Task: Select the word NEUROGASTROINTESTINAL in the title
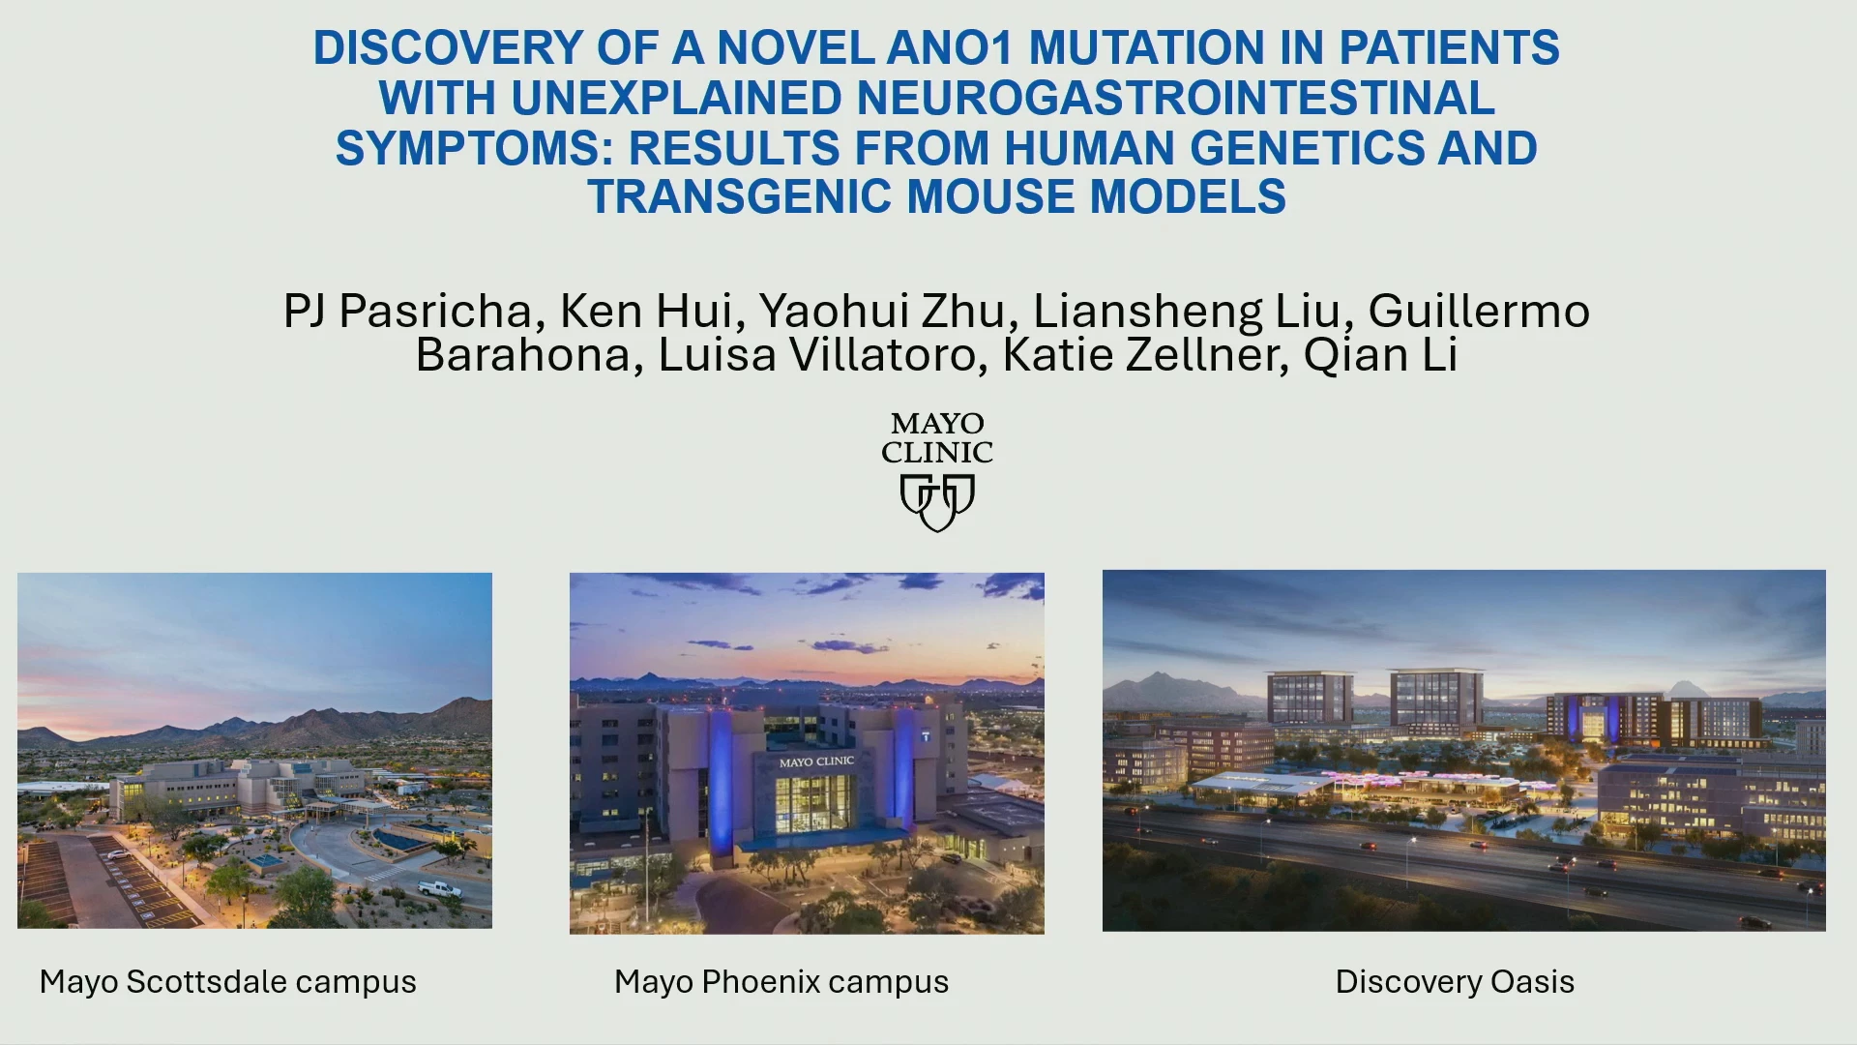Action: (1175, 98)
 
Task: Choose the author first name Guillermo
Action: (1479, 312)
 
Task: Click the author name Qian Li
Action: (1380, 355)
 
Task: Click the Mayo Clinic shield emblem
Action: (937, 502)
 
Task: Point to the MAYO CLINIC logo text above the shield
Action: (937, 438)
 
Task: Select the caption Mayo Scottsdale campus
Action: (228, 982)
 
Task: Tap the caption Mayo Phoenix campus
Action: (781, 982)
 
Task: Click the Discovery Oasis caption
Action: (1455, 982)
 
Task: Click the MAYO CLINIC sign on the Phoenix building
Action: (816, 762)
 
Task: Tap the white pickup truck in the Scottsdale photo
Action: (440, 888)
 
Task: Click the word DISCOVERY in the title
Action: (448, 47)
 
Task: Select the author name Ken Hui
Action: (646, 312)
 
